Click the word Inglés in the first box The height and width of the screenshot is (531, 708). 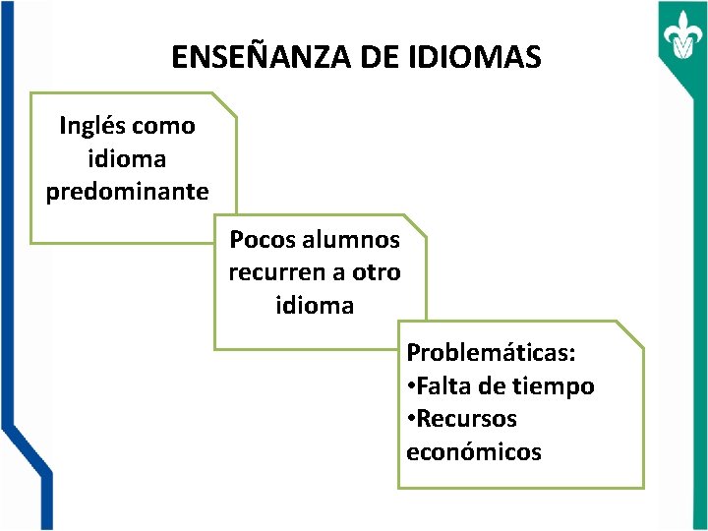(92, 126)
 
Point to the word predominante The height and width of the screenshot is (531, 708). (128, 191)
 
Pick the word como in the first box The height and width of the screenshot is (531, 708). (163, 126)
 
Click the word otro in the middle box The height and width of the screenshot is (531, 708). (375, 272)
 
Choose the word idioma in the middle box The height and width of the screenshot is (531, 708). (315, 306)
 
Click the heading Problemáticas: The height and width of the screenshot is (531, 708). (492, 352)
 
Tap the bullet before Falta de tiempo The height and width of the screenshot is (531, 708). (412, 386)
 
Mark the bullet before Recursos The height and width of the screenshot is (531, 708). (412, 419)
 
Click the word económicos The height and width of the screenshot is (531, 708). (474, 452)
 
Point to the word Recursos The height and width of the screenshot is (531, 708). (467, 419)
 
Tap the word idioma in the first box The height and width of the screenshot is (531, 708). (127, 158)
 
